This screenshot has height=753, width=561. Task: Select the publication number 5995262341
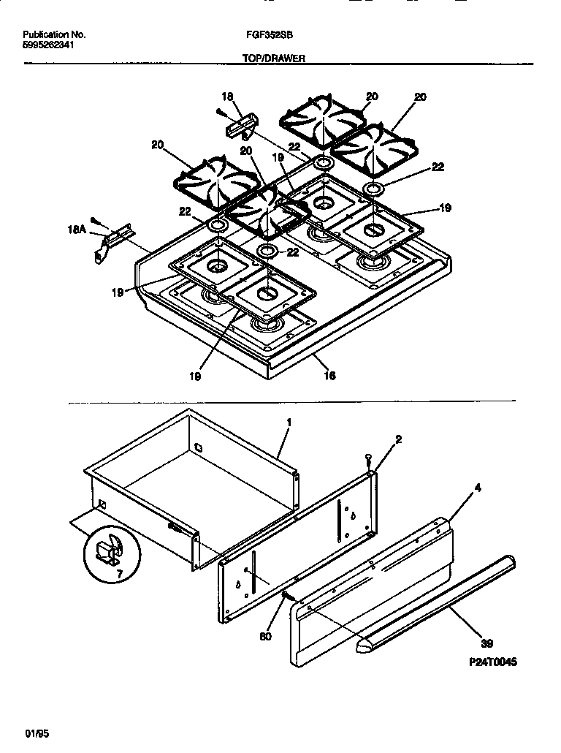pyautogui.click(x=47, y=45)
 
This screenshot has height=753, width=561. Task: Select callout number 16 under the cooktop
pyautogui.click(x=329, y=376)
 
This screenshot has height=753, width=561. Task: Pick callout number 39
pyautogui.click(x=486, y=643)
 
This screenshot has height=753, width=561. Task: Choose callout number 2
pyautogui.click(x=398, y=439)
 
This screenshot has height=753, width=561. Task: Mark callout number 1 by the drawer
pyautogui.click(x=289, y=423)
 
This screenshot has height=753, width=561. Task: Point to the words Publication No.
pyautogui.click(x=54, y=34)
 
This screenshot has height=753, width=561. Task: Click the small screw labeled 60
pyautogui.click(x=287, y=597)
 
